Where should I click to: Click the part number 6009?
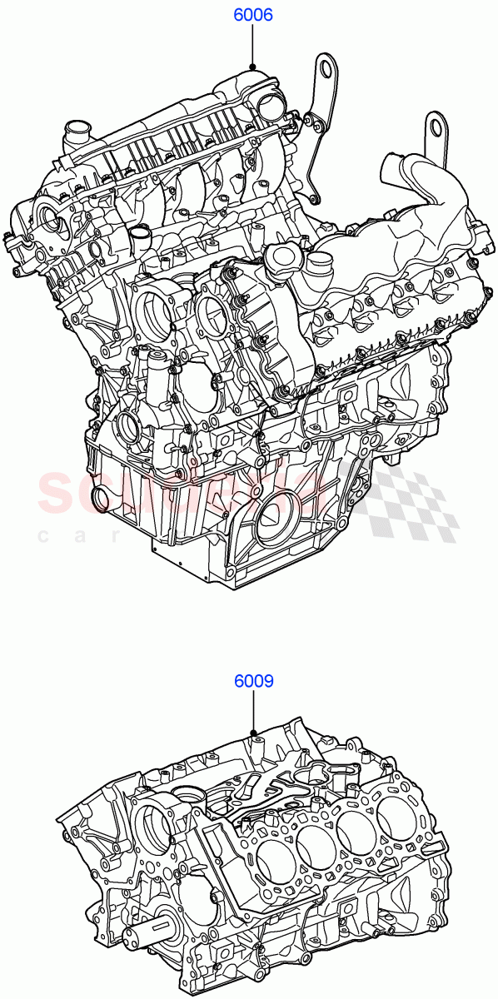253,681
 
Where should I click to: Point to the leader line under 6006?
251,46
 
